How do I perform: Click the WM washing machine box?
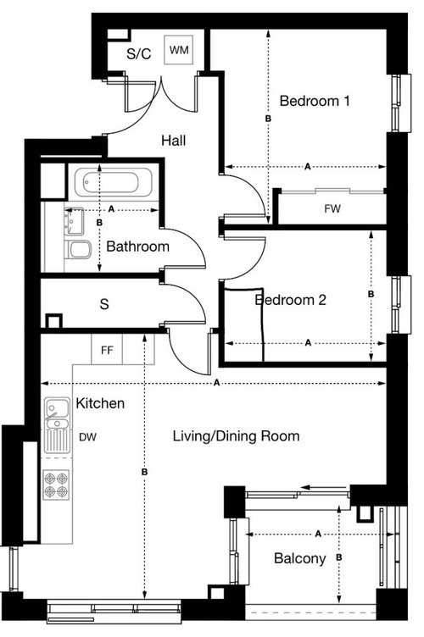point(179,51)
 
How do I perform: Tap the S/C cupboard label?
point(138,53)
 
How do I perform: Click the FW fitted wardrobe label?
point(332,208)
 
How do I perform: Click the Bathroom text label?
point(137,246)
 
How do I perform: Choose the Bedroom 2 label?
point(291,300)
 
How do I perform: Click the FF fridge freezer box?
point(108,348)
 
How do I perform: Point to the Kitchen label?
point(100,403)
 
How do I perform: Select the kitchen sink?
point(58,414)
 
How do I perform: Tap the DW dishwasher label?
point(86,438)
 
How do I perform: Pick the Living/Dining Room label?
point(236,436)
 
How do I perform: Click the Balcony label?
point(299,558)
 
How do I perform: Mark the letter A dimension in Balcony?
point(318,535)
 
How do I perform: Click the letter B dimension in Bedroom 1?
point(268,122)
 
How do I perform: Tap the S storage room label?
point(103,303)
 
